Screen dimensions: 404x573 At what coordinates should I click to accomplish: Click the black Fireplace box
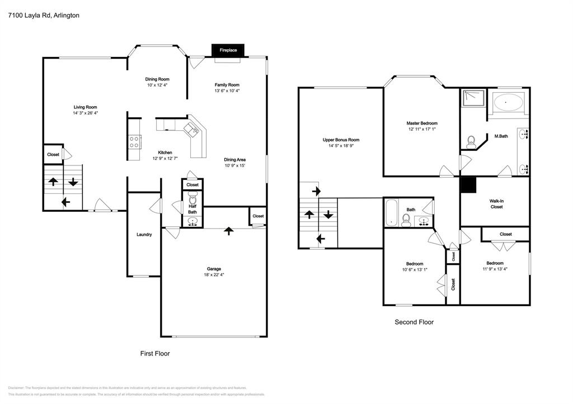(228, 50)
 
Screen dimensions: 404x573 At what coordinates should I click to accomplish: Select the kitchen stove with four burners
(134, 141)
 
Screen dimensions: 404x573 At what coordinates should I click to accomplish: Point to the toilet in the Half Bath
(192, 199)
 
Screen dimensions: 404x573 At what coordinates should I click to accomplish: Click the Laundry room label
(144, 235)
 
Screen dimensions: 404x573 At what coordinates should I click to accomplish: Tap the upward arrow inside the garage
(228, 231)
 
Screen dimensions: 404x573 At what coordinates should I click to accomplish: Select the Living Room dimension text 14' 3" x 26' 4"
(85, 113)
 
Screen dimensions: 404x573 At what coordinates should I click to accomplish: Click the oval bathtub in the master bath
(508, 103)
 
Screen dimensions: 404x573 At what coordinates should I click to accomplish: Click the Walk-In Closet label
(496, 204)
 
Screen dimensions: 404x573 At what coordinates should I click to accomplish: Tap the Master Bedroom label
(422, 123)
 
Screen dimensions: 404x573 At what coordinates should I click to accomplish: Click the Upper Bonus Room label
(341, 140)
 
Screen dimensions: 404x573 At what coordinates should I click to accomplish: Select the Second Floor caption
(414, 322)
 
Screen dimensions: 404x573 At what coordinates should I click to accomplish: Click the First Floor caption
(154, 354)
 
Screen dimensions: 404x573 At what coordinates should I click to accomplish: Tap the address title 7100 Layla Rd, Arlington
(43, 16)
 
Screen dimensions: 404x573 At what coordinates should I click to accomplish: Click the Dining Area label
(235, 159)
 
